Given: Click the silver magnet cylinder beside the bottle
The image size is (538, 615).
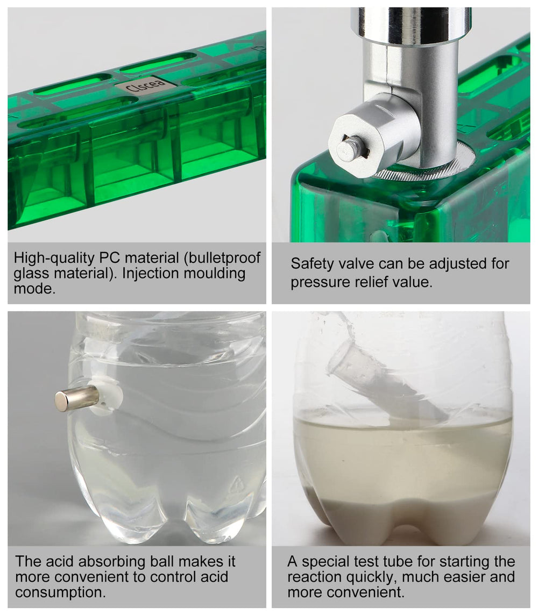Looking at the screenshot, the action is click(x=76, y=398).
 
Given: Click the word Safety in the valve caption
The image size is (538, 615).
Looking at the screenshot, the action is click(x=312, y=263).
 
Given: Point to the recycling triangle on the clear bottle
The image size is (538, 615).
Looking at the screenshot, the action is click(x=237, y=483).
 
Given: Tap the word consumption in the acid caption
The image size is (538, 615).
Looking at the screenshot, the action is click(x=60, y=592).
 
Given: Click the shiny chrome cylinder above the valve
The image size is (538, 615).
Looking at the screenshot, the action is click(x=410, y=25).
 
